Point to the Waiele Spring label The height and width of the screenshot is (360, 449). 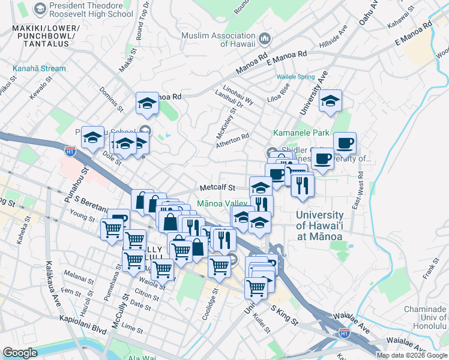(x=295, y=77)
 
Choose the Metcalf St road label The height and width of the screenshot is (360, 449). (x=218, y=188)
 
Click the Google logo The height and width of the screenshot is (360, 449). (x=20, y=353)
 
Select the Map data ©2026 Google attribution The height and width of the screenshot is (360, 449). (x=411, y=355)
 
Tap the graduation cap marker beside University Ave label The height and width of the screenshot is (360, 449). (x=330, y=102)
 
